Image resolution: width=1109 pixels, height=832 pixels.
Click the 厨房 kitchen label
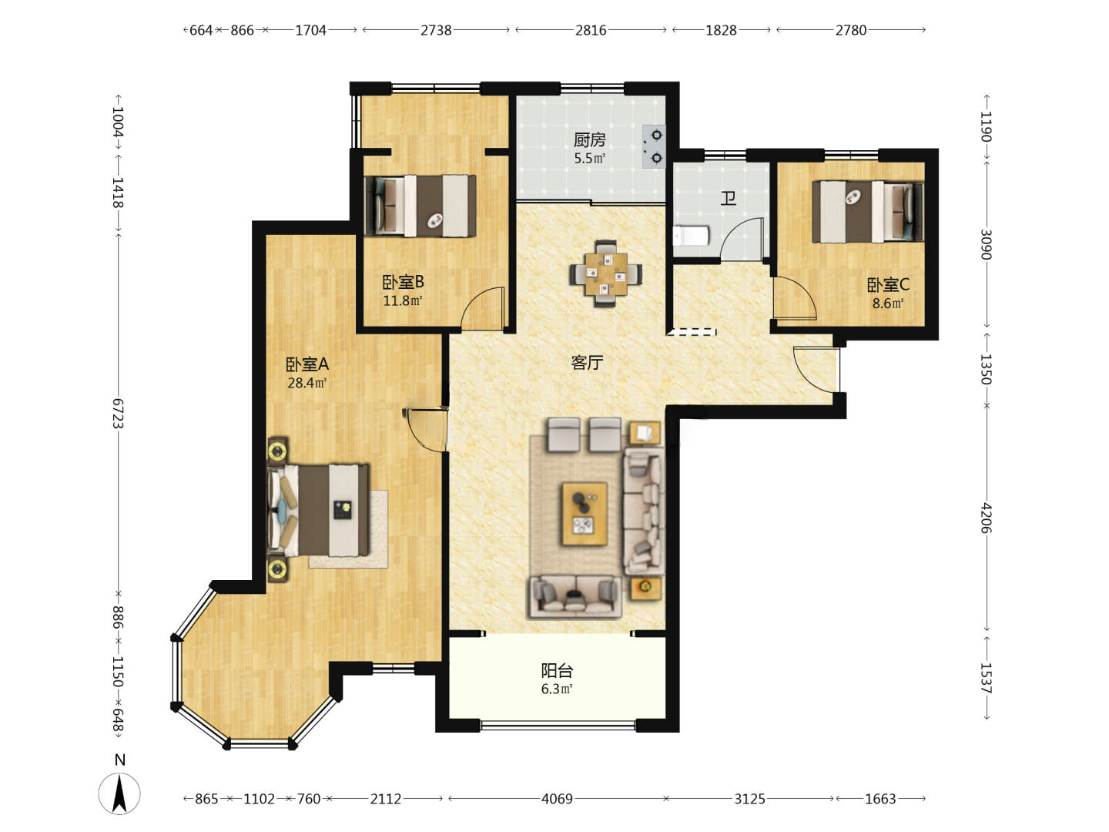coord(589,139)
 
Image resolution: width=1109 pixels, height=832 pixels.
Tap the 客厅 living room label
coord(587,362)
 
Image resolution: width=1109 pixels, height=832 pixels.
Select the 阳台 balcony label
coord(557,670)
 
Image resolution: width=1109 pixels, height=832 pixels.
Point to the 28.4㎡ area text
coord(307,383)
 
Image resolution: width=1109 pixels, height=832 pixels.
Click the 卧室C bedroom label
coord(888,285)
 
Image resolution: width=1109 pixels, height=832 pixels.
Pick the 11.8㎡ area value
coord(402,301)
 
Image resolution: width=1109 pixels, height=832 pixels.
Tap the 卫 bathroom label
coord(728,199)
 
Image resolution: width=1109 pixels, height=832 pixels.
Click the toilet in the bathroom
coord(691,236)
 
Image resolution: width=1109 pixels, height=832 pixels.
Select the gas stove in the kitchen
coord(653,146)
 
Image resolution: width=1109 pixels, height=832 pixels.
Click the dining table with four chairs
coord(606,273)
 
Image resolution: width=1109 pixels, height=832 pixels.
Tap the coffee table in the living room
coord(585,514)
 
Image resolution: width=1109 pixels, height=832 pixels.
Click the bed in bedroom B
coord(420,206)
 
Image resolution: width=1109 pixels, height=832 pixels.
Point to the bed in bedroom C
coord(867,212)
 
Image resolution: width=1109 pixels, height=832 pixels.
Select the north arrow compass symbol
coord(119,793)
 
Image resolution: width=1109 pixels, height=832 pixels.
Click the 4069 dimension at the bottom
coord(557,799)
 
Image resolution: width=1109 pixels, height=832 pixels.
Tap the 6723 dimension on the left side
coord(117,413)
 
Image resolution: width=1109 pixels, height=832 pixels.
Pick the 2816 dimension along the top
coord(591,30)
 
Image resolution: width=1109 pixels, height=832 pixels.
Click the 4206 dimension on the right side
coord(986,518)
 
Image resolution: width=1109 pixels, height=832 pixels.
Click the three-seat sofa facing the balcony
coord(575,596)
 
